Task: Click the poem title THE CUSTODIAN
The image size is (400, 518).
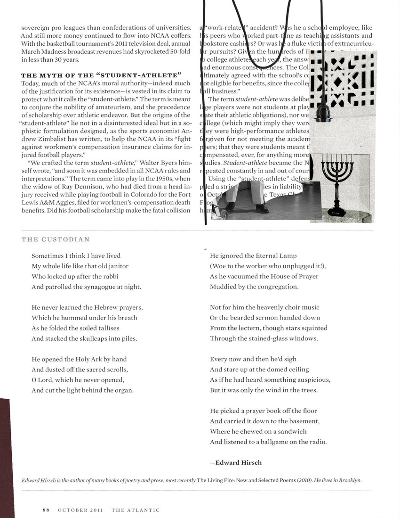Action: [x=56, y=239]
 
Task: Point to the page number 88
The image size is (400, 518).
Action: [x=46, y=510]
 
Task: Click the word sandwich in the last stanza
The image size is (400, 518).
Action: [x=289, y=431]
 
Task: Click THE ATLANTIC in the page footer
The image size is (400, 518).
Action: [x=136, y=510]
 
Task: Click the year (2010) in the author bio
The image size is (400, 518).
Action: [x=305, y=480]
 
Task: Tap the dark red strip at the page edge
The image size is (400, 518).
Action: [x=4, y=457]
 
